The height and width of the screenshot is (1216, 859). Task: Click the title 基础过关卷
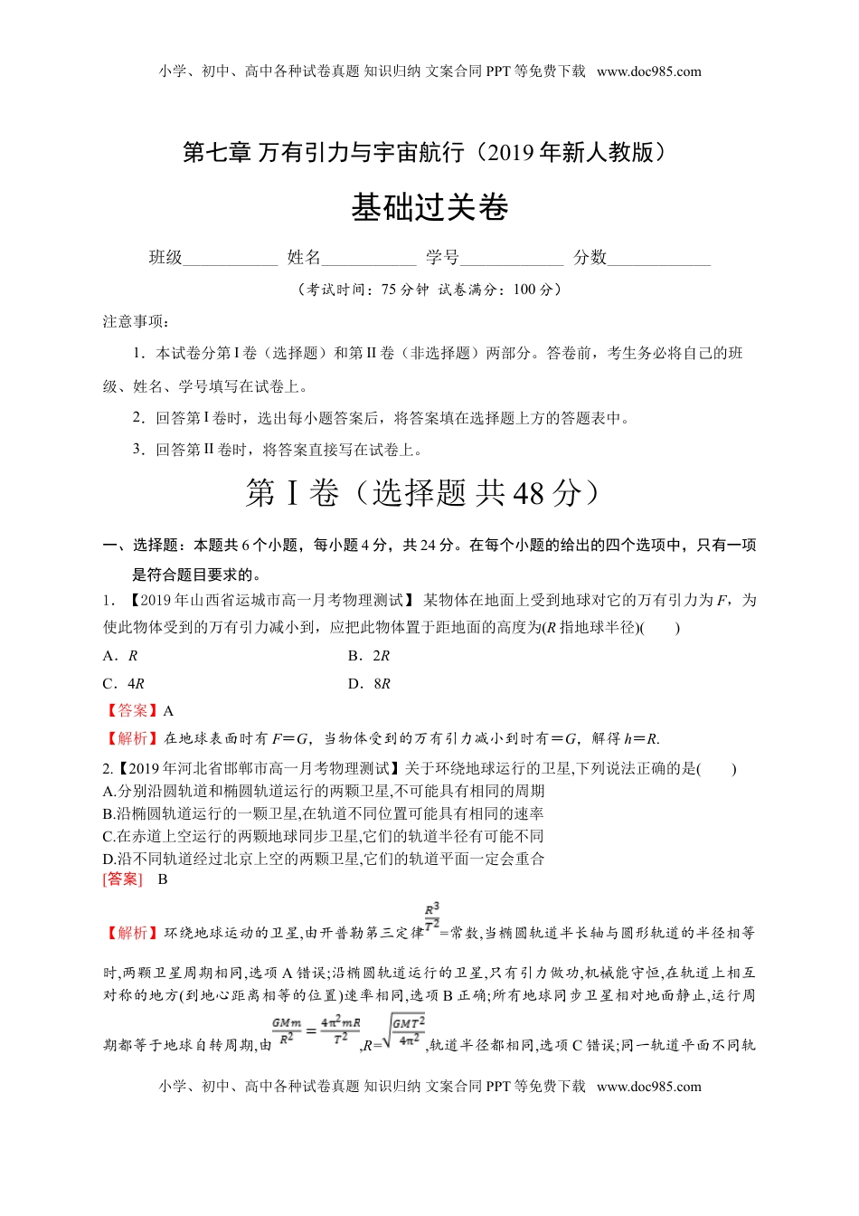tap(429, 208)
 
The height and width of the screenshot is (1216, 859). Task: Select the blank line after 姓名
tap(368, 259)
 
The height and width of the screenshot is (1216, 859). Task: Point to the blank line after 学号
tap(511, 259)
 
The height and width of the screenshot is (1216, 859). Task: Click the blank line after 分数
tap(658, 259)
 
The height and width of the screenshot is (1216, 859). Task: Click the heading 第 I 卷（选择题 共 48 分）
tap(423, 493)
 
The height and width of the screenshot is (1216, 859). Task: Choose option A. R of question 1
tap(120, 656)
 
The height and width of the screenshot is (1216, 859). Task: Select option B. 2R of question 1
tap(369, 656)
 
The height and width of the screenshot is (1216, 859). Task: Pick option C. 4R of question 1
tap(124, 684)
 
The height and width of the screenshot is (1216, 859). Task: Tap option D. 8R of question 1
tap(369, 684)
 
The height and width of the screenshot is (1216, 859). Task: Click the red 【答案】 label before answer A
tap(131, 711)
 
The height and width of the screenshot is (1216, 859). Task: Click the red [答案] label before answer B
tap(122, 879)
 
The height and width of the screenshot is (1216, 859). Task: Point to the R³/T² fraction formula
tap(432, 916)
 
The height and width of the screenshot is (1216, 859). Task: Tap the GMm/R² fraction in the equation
tap(287, 1031)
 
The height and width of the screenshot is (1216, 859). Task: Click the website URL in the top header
tap(649, 71)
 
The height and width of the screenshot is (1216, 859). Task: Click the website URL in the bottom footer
tap(649, 1087)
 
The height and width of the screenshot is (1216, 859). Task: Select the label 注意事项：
tap(136, 321)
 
